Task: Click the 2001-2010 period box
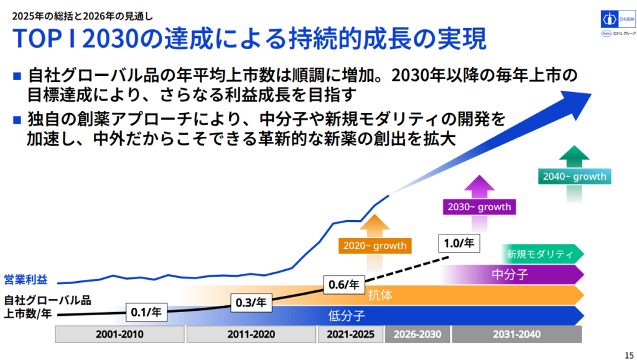[x=119, y=335]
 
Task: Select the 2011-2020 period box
[x=251, y=335]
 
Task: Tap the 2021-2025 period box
[x=350, y=335]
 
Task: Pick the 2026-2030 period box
[x=416, y=335]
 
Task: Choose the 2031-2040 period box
[x=516, y=335]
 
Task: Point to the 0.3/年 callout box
[x=251, y=303]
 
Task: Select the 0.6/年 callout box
[x=343, y=285]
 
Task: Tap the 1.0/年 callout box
[x=459, y=242]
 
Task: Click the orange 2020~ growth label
[x=375, y=246]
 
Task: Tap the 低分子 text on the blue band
[x=346, y=315]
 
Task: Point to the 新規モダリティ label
[x=539, y=254]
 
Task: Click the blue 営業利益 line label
[x=26, y=280]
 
